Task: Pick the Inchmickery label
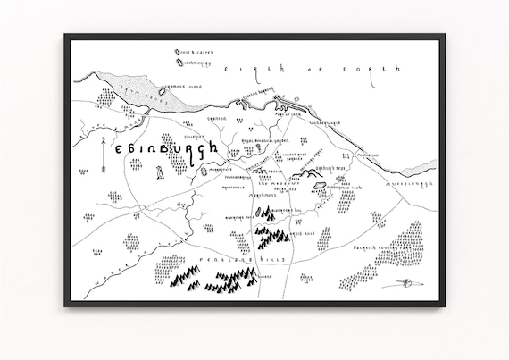(196, 63)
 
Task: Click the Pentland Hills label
(223, 258)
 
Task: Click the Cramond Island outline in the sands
(163, 88)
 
